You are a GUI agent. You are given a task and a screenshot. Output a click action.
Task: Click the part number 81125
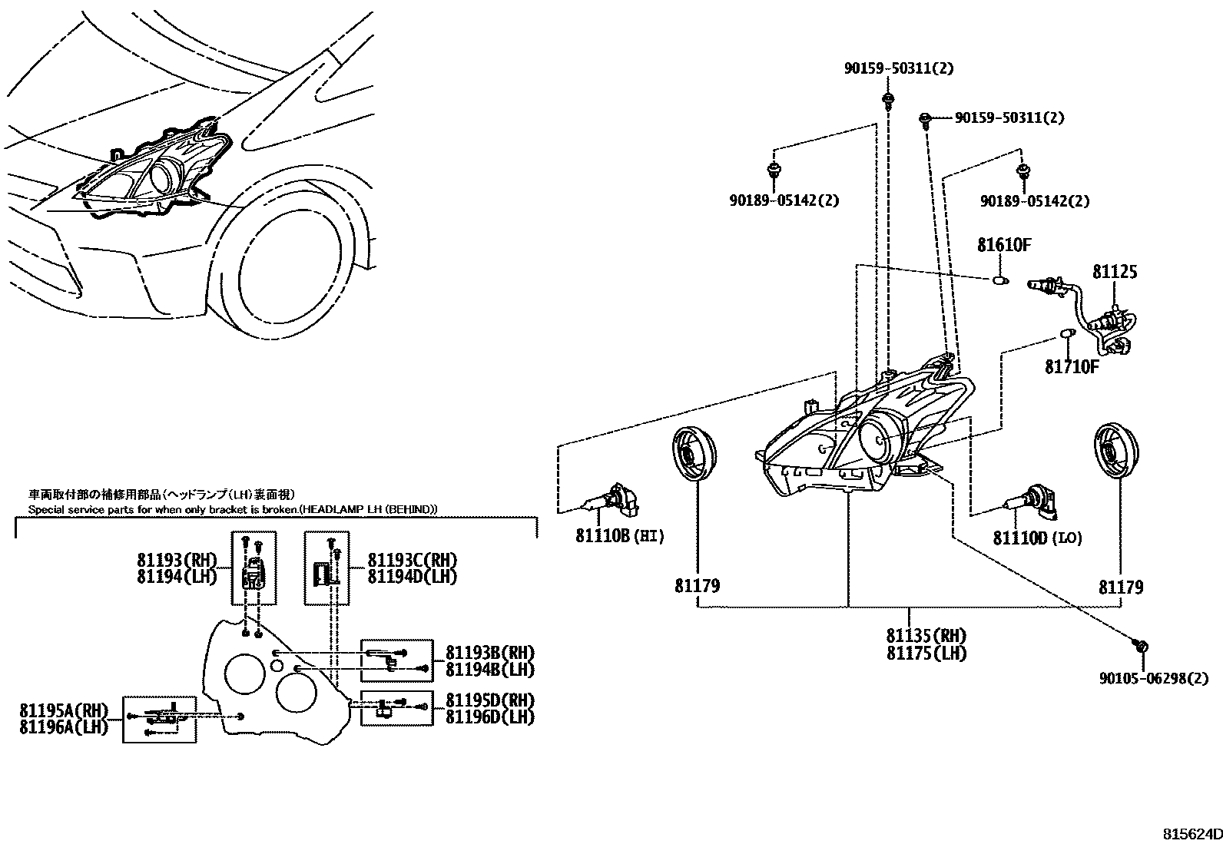[1115, 272]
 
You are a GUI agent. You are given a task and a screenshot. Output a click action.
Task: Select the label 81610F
[1003, 246]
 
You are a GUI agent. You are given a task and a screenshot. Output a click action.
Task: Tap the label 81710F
[1072, 366]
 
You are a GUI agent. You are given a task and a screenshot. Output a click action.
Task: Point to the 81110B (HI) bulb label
[619, 535]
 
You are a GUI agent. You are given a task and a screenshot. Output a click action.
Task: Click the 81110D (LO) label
[1037, 538]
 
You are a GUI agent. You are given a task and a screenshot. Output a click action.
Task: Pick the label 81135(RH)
[926, 636]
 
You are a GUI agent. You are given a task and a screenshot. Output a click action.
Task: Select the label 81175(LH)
[926, 654]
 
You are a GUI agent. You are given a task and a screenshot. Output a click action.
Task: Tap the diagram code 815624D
[1190, 834]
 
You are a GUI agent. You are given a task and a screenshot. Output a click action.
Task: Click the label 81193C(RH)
[412, 560]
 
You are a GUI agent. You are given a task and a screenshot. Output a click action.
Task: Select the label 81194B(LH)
[490, 669]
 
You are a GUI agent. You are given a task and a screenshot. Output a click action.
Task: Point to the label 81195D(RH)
[490, 700]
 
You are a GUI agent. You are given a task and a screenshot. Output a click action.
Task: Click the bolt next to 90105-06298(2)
[1140, 647]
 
